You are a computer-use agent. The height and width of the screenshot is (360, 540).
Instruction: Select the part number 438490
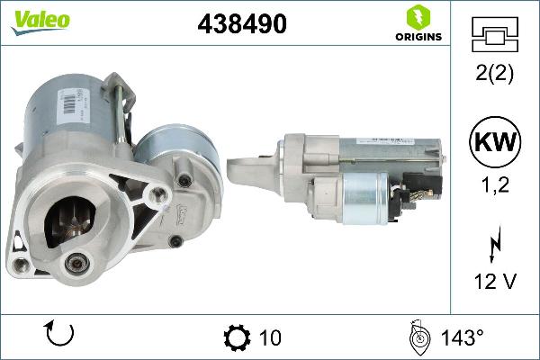tap(241, 25)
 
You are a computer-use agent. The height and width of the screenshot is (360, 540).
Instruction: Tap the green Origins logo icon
tap(417, 16)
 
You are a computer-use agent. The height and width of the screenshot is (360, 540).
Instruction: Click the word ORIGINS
tap(417, 37)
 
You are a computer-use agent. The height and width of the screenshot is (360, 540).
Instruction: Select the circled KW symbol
tap(494, 143)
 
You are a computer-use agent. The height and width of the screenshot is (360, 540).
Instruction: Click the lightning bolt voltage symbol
tap(494, 244)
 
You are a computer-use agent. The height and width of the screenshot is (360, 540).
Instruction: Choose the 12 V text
tap(494, 283)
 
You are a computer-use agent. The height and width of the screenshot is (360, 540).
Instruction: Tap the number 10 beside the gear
tap(269, 337)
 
